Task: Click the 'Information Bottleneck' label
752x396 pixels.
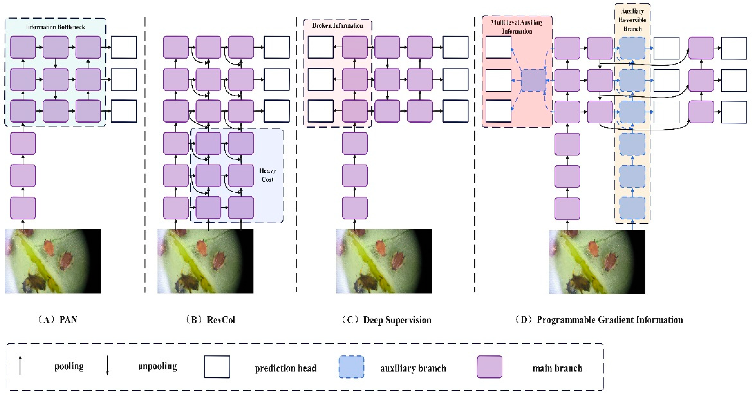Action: tap(56, 27)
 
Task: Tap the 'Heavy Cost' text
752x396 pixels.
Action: tap(267, 175)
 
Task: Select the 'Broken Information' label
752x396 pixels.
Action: tap(338, 26)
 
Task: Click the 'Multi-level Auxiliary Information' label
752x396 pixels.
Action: tap(517, 26)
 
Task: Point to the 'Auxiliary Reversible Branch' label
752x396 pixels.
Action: tap(632, 20)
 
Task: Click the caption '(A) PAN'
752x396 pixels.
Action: tap(57, 320)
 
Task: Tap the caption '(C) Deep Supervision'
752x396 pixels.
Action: tap(386, 320)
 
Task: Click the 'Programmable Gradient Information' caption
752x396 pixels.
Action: tap(610, 320)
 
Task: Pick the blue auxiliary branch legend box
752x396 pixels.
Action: tap(351, 367)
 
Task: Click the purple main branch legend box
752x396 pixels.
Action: tap(490, 367)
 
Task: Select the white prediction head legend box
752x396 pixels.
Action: tap(217, 367)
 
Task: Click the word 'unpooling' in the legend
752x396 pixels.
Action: tap(157, 366)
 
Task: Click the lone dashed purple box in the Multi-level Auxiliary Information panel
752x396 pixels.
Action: tap(533, 80)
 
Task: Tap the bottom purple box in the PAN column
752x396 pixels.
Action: tap(23, 208)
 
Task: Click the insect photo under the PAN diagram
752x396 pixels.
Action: tap(52, 261)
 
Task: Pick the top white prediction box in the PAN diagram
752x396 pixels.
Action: tap(124, 47)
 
